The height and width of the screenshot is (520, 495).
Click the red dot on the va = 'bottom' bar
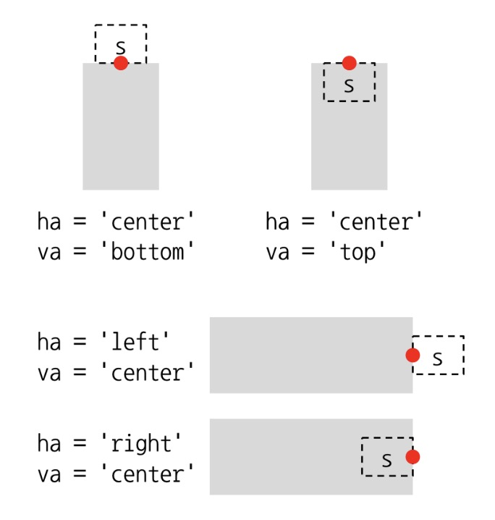[x=121, y=63]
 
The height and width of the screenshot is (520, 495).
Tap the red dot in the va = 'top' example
[x=350, y=63]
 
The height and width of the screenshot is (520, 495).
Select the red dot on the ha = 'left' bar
[x=412, y=355]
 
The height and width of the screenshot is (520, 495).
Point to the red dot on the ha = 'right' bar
[x=412, y=457]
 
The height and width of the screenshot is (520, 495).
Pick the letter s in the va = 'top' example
[x=349, y=85]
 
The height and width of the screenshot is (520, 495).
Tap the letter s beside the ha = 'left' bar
[x=436, y=358]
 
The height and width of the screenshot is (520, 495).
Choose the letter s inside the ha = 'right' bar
[x=386, y=460]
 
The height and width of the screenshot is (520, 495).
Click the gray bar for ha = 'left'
[x=304, y=355]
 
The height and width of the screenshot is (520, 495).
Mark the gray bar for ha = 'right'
[x=289, y=457]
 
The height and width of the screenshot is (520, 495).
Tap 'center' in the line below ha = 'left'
[x=147, y=373]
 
